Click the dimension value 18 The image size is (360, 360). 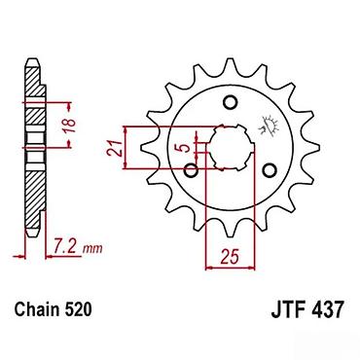pyautogui.click(x=69, y=126)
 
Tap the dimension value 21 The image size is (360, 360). pyautogui.click(x=116, y=149)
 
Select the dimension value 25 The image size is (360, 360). pyautogui.click(x=230, y=257)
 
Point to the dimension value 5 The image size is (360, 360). pyautogui.click(x=184, y=148)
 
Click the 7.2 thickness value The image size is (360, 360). pyautogui.click(x=65, y=247)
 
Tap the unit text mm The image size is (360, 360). pyautogui.click(x=92, y=249)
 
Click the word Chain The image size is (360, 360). pyautogui.click(x=37, y=309)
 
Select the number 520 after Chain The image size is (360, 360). pyautogui.click(x=78, y=309)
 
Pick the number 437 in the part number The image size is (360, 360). pyautogui.click(x=327, y=309)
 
